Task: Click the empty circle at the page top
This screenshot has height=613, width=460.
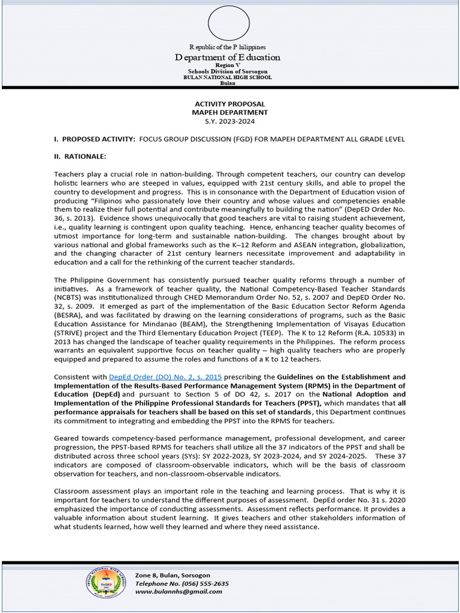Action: (x=228, y=23)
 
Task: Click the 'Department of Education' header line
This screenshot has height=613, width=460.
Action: (x=228, y=57)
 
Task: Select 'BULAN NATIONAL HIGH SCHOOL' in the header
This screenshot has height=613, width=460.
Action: (x=228, y=77)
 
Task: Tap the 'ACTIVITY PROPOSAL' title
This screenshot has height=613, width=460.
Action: (x=229, y=104)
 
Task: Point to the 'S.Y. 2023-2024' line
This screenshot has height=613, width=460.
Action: (x=229, y=121)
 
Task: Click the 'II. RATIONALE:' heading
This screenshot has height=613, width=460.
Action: (x=80, y=156)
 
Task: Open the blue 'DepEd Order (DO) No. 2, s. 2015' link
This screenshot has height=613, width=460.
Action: (x=165, y=377)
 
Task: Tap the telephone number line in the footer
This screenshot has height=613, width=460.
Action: (x=181, y=583)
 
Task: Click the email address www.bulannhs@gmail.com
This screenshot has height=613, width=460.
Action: (x=178, y=591)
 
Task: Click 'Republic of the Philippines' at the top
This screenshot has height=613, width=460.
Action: (x=228, y=47)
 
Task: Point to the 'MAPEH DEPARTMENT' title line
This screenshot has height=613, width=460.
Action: (x=229, y=113)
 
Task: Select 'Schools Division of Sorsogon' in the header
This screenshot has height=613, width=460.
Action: (x=228, y=72)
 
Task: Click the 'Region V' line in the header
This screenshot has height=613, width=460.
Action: (x=228, y=66)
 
